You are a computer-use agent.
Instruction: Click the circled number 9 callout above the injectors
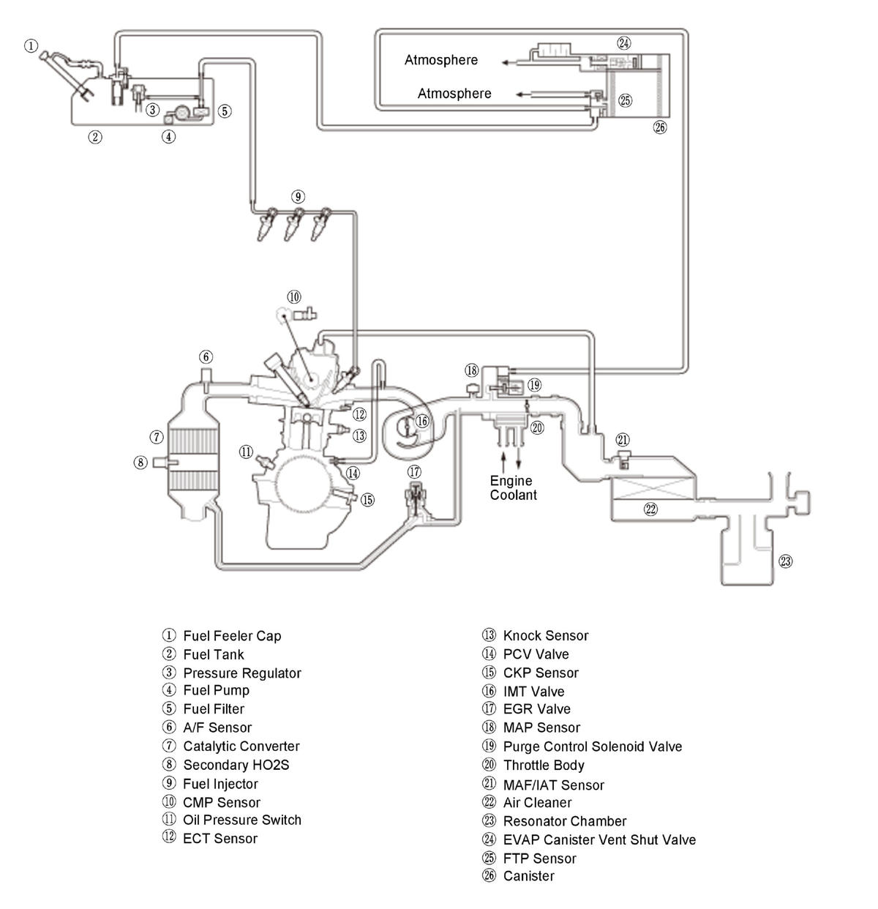click(x=298, y=196)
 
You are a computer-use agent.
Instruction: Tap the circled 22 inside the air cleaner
click(x=650, y=509)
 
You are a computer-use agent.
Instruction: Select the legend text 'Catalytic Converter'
click(x=241, y=746)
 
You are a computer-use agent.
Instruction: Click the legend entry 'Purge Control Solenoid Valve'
click(x=592, y=747)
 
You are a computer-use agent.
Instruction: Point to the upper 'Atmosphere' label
click(x=441, y=60)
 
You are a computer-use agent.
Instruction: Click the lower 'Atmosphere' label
click(x=454, y=94)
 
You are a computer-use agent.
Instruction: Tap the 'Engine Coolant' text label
click(x=513, y=487)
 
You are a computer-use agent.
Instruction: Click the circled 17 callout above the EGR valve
click(x=414, y=472)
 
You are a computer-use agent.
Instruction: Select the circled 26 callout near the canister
click(x=659, y=127)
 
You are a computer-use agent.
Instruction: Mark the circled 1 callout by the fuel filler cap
click(x=31, y=46)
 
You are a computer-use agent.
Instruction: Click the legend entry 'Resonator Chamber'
click(x=564, y=821)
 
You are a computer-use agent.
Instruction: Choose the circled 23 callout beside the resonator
click(x=785, y=561)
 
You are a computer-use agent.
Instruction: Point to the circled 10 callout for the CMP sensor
click(x=293, y=296)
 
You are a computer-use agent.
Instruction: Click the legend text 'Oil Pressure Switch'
click(x=242, y=820)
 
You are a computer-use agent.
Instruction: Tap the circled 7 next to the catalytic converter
click(x=157, y=437)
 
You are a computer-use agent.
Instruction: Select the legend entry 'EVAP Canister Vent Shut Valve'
click(x=599, y=840)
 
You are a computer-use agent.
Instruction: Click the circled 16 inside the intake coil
click(x=421, y=421)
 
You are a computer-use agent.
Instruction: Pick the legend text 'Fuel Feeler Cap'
click(x=232, y=636)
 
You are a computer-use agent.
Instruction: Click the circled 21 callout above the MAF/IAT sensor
click(x=623, y=440)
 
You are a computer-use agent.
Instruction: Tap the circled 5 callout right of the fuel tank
click(x=225, y=111)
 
